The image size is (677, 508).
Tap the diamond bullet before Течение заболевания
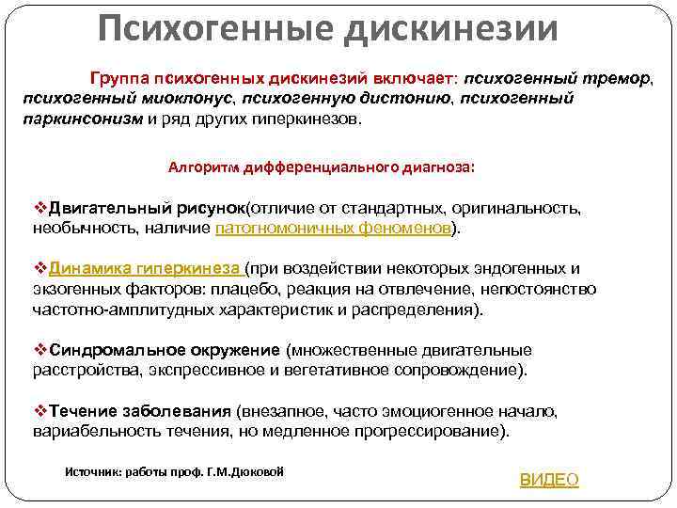click(39, 411)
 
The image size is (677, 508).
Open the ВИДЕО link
click(549, 480)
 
